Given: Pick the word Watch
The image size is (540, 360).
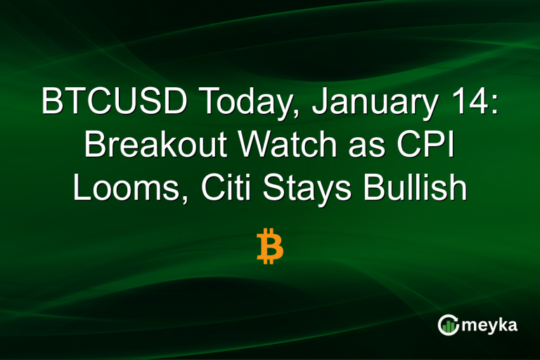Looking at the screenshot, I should click(x=277, y=146).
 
